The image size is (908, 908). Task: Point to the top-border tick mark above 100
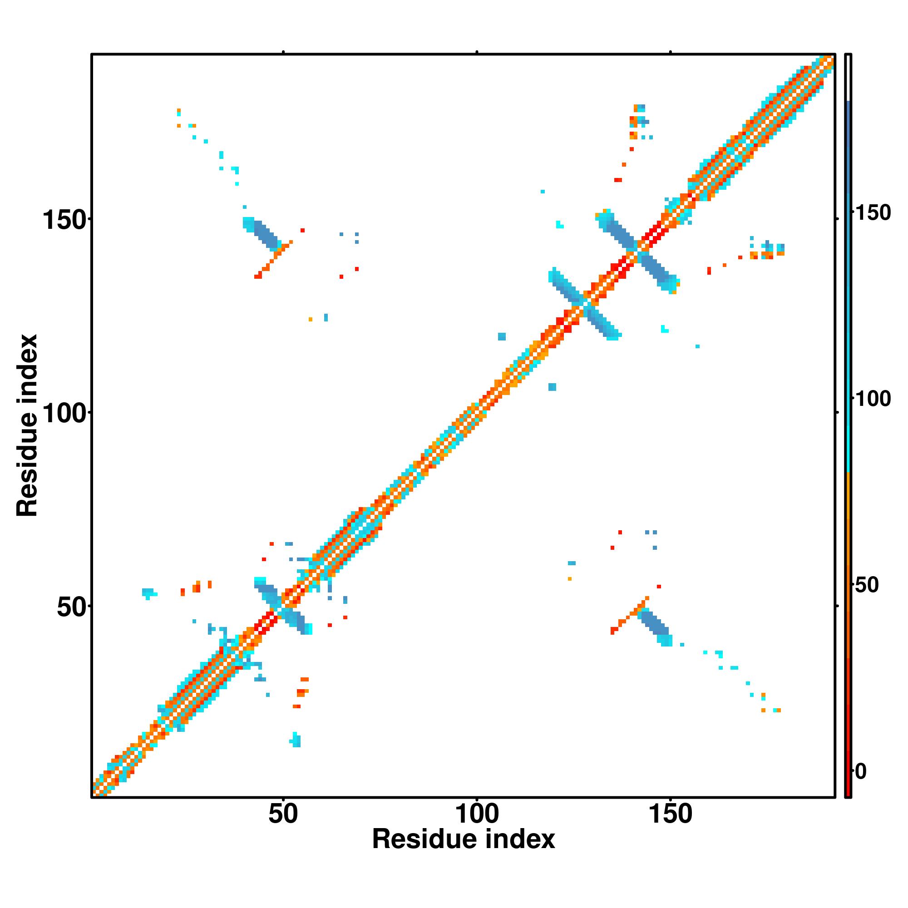pos(477,52)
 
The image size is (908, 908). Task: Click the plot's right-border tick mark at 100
pos(837,412)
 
